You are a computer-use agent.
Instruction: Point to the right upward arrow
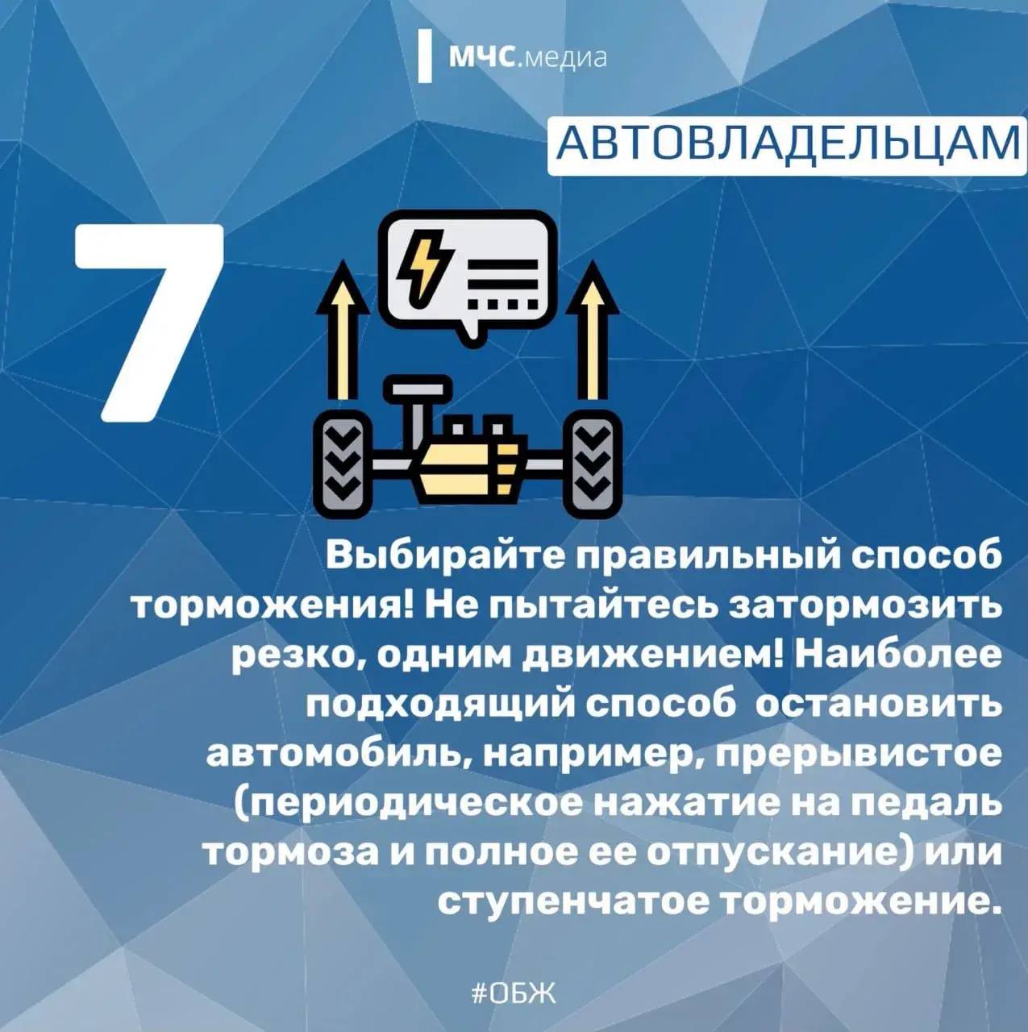point(593,331)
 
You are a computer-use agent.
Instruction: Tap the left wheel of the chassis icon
point(343,463)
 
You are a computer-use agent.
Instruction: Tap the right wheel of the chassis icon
point(593,463)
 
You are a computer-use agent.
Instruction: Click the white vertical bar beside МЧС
point(424,56)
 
